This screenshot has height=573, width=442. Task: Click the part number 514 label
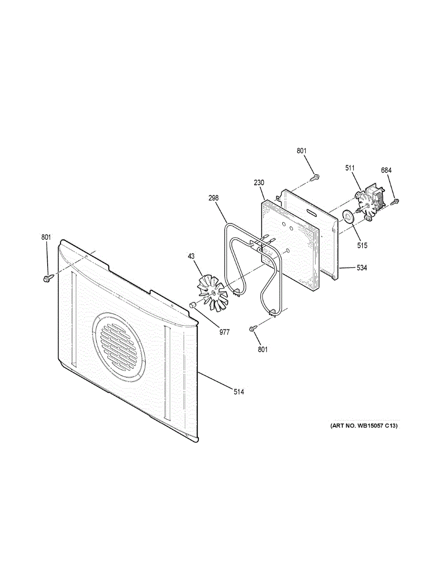coord(239,392)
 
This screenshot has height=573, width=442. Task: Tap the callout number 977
coord(224,332)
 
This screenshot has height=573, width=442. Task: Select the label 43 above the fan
coord(191,256)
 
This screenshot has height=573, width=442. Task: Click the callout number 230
coord(259,183)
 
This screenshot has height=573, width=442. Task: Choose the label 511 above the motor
coord(350,168)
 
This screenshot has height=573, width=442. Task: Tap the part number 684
coord(386,170)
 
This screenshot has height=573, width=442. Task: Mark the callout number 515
coord(362,245)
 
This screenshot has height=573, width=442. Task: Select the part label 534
coord(362,268)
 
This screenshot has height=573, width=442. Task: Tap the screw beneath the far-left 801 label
coord(47,277)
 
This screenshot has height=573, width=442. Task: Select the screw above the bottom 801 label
coord(254,328)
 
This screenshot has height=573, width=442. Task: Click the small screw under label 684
coord(395,202)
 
